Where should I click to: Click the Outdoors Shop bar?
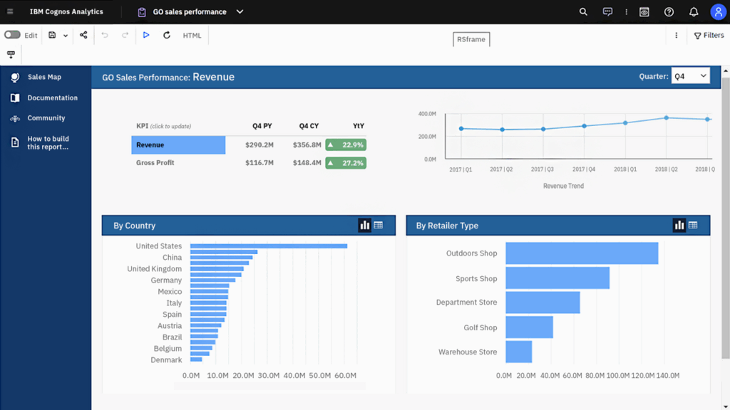coord(581,253)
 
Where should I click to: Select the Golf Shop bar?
coord(529,327)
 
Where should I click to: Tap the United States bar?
coord(268,246)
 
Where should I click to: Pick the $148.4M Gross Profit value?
coord(307,163)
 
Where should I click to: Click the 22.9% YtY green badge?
coord(346,145)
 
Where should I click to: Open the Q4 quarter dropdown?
coord(690,76)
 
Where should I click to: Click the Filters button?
coord(709,36)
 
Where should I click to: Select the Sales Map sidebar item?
coord(44,77)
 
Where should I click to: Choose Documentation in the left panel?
coord(52,98)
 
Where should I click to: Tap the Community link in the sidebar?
coord(46,118)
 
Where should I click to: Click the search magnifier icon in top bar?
coord(583,12)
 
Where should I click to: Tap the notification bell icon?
coord(693,12)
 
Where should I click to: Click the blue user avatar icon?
coord(717,12)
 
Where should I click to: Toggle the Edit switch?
coord(12,35)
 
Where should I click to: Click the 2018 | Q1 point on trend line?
coord(625,122)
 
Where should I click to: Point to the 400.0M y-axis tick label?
coord(427,114)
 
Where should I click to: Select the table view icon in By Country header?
coord(379,225)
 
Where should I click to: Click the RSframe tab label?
coord(471,39)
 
